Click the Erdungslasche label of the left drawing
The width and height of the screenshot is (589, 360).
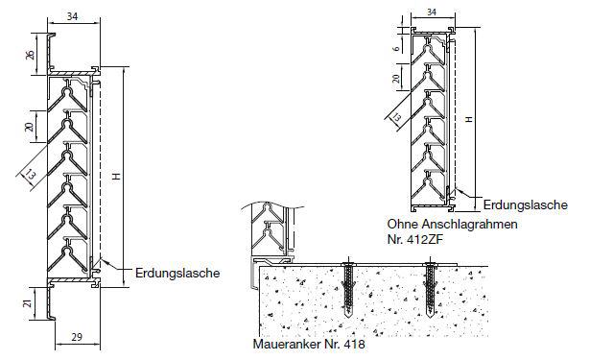[177, 273]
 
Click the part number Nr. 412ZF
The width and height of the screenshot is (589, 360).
[408, 236]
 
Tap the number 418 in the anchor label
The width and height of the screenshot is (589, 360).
[354, 343]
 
